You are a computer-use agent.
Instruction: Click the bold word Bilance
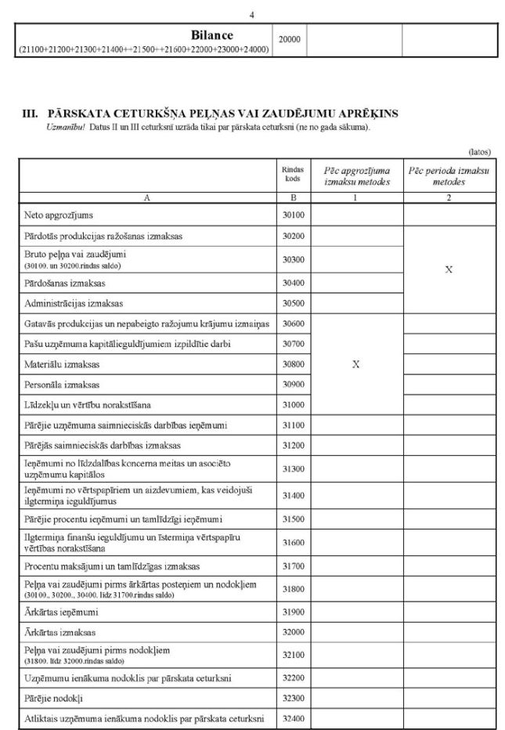click(211, 35)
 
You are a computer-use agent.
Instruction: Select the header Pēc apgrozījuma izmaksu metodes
click(355, 175)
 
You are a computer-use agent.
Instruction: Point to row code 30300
click(292, 258)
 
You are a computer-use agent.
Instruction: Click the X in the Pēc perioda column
click(449, 269)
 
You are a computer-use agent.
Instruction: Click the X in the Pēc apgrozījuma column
click(355, 364)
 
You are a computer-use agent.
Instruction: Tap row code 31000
click(292, 406)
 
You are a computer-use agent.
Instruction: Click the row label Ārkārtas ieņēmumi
click(61, 612)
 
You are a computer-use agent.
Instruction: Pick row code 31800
click(292, 588)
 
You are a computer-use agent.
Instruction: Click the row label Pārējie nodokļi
click(56, 697)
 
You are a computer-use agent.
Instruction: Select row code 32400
click(292, 718)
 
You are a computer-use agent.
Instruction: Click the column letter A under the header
click(146, 197)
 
